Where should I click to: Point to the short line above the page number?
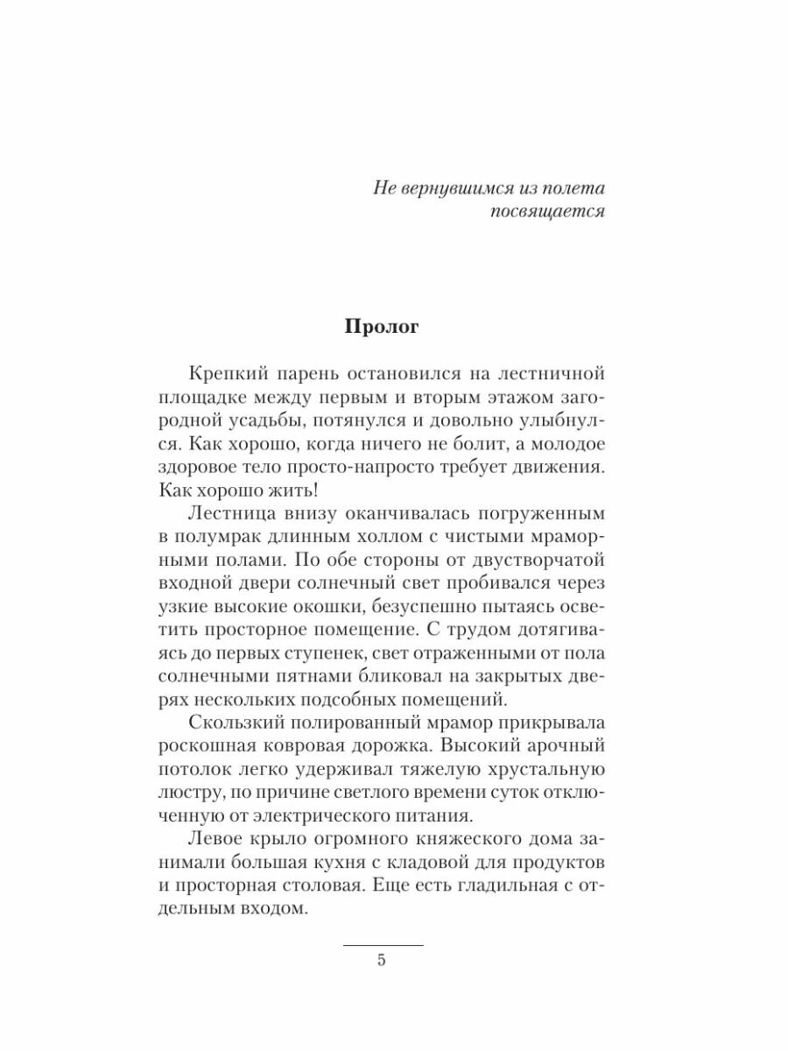[x=382, y=945]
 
